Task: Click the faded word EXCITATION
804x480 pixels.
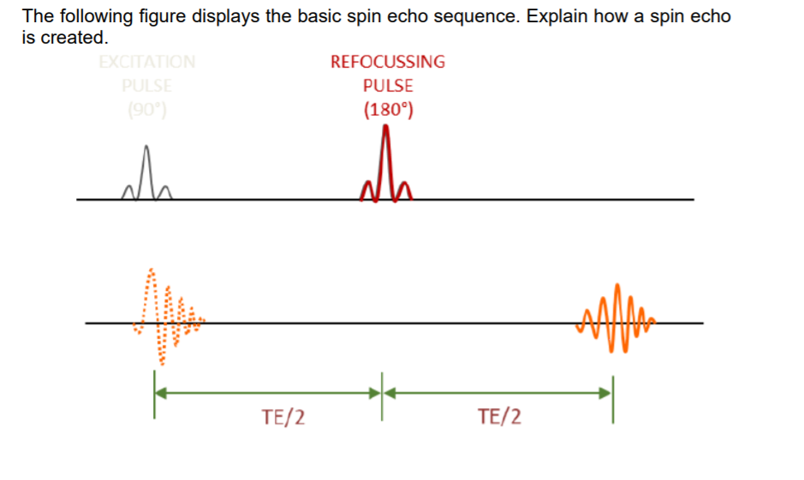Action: [x=147, y=62]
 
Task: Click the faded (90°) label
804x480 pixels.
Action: [x=147, y=110]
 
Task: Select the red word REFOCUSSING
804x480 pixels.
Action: [x=388, y=62]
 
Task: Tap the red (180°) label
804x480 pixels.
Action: [x=388, y=110]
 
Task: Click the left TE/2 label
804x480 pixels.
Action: [x=284, y=418]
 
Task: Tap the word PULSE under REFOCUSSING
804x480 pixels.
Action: [x=388, y=86]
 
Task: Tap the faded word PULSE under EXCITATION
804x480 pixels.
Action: [x=147, y=86]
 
